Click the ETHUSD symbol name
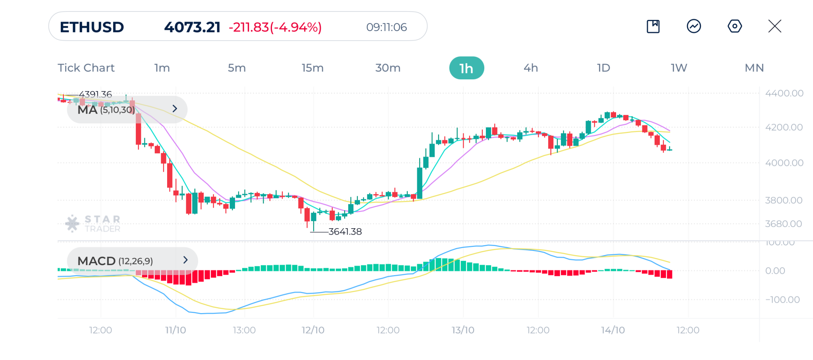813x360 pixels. tap(92, 27)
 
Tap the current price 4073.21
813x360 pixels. tap(192, 27)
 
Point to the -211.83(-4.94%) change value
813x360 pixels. tap(275, 27)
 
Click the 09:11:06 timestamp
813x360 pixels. tap(386, 27)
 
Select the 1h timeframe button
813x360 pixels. tap(466, 68)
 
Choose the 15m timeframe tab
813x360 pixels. tap(312, 68)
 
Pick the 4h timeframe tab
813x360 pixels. tap(531, 68)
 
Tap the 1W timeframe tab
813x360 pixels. tap(679, 68)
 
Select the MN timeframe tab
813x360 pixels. tap(754, 68)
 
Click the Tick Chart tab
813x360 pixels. tap(86, 68)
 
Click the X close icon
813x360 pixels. tap(774, 26)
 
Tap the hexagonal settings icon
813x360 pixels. tap(734, 26)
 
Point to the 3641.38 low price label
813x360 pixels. tap(345, 231)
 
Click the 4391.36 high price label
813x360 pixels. tap(95, 94)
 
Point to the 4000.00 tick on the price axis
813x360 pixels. tap(784, 163)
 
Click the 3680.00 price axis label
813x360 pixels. tap(784, 224)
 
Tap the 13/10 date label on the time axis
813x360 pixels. tap(463, 330)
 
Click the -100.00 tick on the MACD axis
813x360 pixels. tap(782, 300)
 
